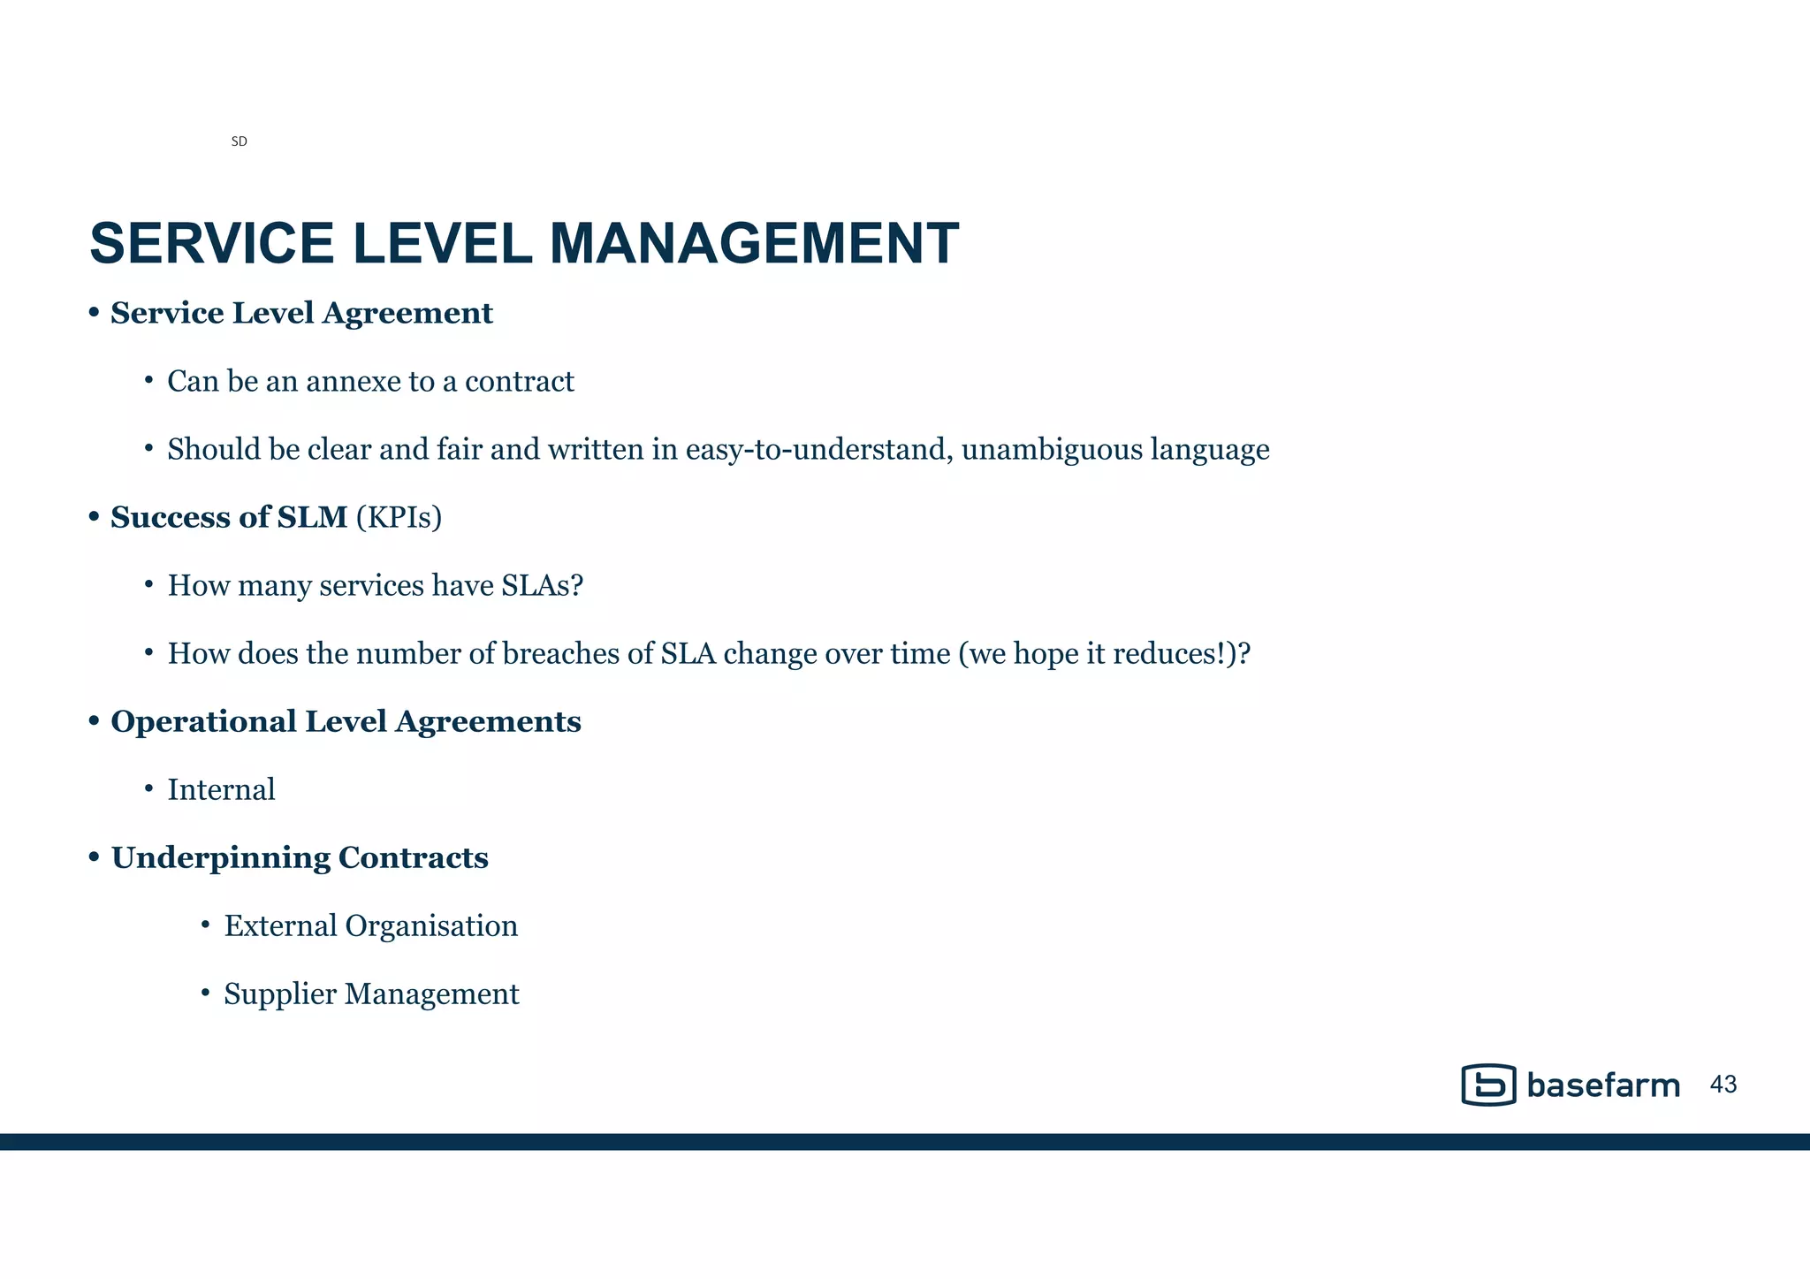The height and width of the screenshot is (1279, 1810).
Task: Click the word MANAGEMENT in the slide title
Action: click(x=753, y=243)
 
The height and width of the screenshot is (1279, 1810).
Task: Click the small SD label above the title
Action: click(x=239, y=141)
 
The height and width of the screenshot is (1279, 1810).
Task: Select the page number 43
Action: click(x=1723, y=1085)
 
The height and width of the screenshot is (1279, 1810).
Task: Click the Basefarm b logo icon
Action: click(x=1488, y=1085)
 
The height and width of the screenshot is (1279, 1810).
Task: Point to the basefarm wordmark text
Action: click(x=1603, y=1085)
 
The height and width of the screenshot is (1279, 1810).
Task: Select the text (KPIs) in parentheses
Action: click(x=399, y=517)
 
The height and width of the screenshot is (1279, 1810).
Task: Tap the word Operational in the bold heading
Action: click(x=203, y=722)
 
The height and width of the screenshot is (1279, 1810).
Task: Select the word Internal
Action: click(x=221, y=789)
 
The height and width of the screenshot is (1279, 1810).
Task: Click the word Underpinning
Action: click(x=220, y=858)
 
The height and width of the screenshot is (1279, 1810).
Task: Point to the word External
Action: click(x=280, y=926)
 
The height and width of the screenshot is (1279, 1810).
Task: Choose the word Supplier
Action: click(x=280, y=994)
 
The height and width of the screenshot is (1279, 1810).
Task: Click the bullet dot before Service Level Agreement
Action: click(x=94, y=314)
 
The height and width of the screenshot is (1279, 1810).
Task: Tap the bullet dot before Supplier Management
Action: click(x=205, y=994)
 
